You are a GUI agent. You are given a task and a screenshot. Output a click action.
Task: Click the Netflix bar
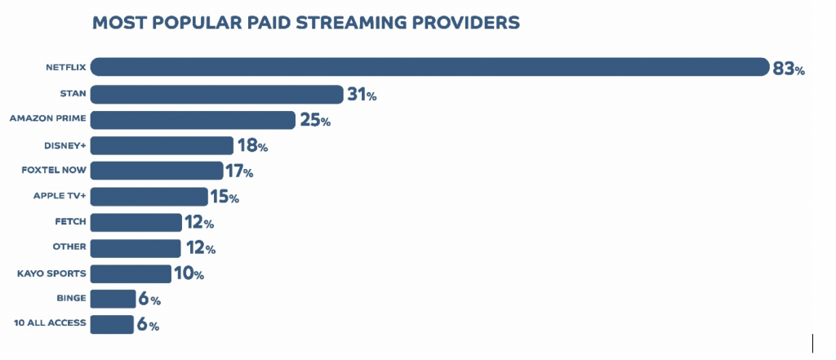click(429, 68)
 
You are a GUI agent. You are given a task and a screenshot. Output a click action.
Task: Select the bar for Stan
click(217, 94)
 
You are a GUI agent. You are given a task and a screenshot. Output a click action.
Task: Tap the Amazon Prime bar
click(193, 120)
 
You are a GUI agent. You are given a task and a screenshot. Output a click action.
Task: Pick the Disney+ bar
click(162, 145)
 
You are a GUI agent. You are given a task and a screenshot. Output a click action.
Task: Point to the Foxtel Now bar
click(157, 171)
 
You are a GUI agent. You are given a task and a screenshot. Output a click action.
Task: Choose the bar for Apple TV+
click(149, 197)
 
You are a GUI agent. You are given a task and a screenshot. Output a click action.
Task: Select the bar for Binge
click(113, 299)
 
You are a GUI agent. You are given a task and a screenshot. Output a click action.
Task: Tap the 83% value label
click(789, 69)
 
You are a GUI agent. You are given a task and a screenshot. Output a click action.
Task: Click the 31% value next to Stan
click(361, 95)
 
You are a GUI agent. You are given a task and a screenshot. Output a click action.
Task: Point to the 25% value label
click(314, 121)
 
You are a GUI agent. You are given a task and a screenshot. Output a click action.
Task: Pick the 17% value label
click(238, 171)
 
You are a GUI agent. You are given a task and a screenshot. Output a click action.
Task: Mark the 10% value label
click(188, 274)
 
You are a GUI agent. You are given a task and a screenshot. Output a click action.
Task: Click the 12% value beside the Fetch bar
click(198, 223)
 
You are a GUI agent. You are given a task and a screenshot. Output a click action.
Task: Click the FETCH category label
click(71, 222)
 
